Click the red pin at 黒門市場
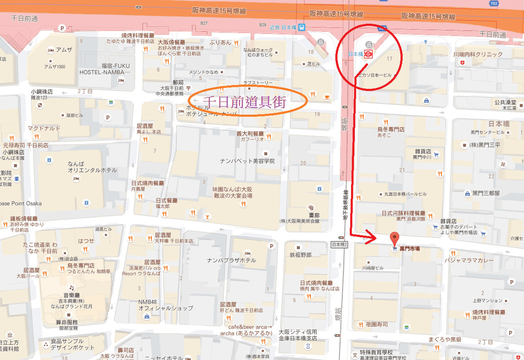click(395, 239)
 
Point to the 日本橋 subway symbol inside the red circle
click(368, 54)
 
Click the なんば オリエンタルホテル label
click(92, 167)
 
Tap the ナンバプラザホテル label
click(231, 260)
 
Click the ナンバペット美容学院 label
click(247, 161)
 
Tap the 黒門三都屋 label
click(486, 193)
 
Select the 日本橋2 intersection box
click(339, 245)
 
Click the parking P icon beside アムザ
click(62, 28)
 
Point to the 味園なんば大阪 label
click(232, 193)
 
